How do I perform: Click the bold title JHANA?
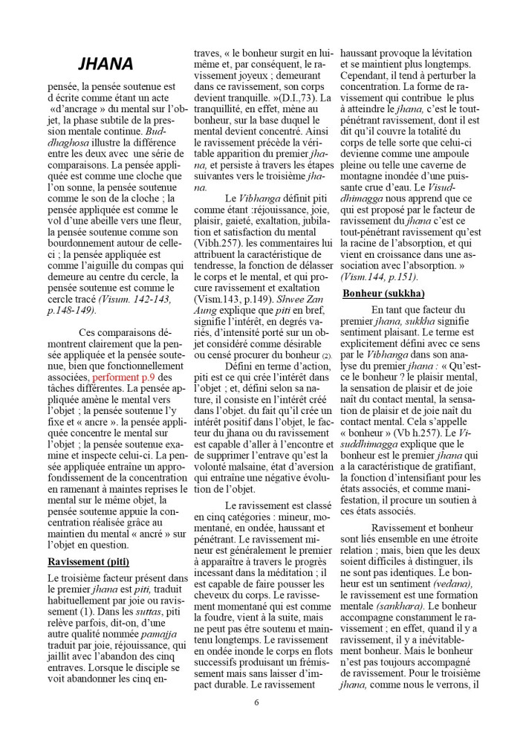pos(105,65)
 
